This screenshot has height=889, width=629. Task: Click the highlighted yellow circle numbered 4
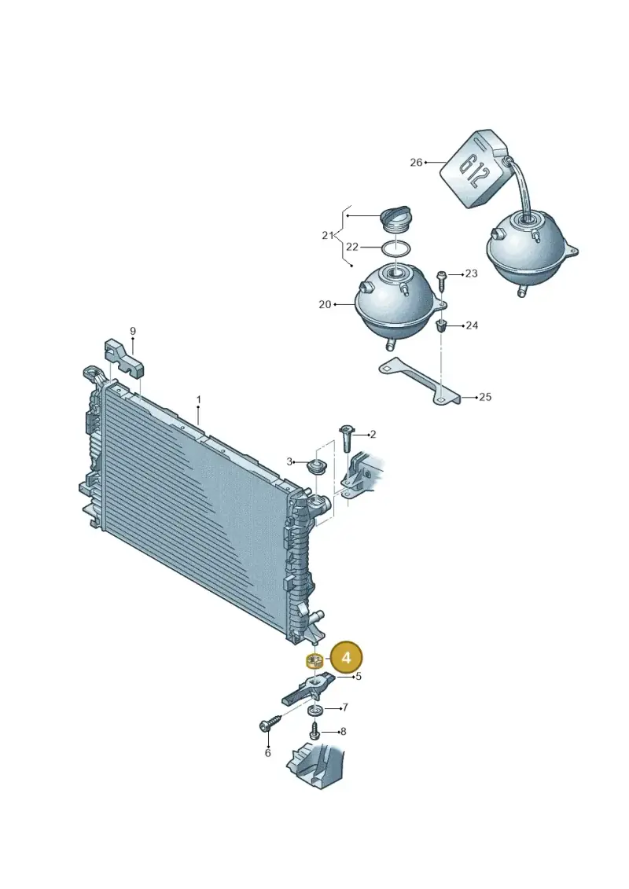coord(347,657)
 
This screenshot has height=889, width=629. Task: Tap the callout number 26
coord(416,163)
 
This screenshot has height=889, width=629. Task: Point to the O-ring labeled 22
coord(395,248)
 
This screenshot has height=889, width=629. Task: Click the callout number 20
coord(325,304)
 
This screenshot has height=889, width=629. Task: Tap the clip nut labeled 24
coord(441,326)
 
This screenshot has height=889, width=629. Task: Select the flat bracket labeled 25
coord(421,382)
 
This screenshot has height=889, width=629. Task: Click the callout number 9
coord(133,331)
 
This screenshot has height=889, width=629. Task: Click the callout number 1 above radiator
coord(198,400)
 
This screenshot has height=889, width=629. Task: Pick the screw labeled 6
coord(270,725)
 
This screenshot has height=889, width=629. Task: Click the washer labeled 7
coord(314,711)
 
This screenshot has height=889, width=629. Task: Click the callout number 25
coord(485,397)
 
